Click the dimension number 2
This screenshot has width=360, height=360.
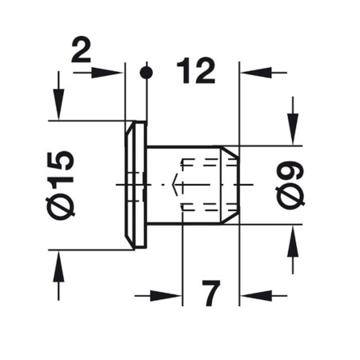(82, 50)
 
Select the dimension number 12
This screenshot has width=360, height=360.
(196, 71)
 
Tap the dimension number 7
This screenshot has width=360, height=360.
(211, 293)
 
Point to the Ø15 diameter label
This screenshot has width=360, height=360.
(60, 184)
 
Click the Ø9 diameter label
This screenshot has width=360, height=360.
(290, 185)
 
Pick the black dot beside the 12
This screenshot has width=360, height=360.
(146, 73)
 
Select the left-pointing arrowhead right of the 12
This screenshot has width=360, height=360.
(256, 73)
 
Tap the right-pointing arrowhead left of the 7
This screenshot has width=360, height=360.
(166, 296)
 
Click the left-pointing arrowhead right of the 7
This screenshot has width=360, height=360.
(256, 296)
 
